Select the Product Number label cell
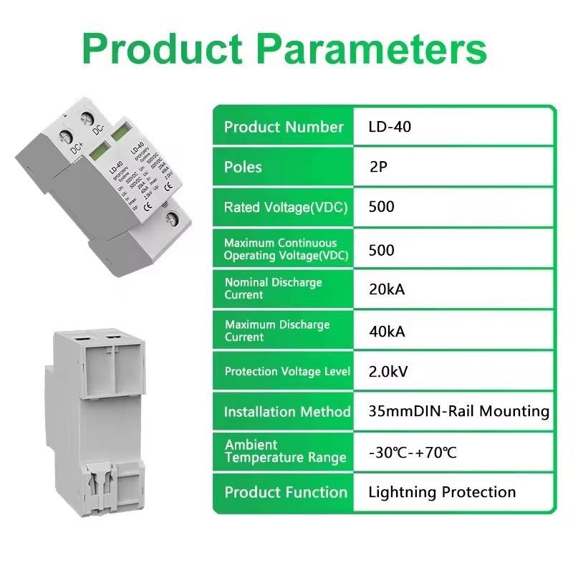coord(284,127)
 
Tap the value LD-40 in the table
coord(390,127)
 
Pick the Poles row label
coord(243,168)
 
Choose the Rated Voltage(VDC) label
coord(285,208)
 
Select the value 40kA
coord(387,331)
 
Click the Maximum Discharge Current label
coord(276,331)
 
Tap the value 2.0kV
coord(389,372)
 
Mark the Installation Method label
coord(286,412)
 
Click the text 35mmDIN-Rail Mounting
coord(458,412)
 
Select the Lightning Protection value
coord(442,492)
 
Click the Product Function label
coord(285,492)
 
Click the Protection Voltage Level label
coord(286,372)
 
